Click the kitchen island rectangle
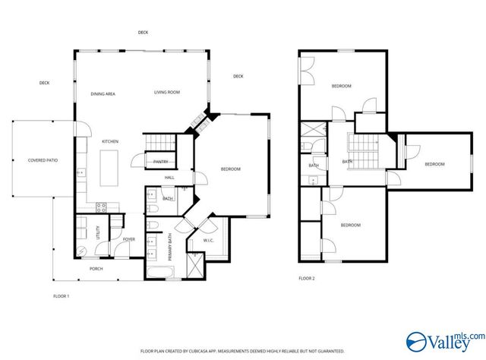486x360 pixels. click(111, 167)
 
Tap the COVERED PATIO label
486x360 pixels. click(43, 160)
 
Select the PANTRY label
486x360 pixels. click(160, 161)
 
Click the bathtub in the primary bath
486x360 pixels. click(163, 270)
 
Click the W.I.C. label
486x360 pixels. click(208, 242)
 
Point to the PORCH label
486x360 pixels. click(96, 268)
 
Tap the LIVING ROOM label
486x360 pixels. click(167, 92)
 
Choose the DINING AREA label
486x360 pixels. click(103, 93)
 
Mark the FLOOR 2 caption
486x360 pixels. click(307, 279)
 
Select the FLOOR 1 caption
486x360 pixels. click(61, 295)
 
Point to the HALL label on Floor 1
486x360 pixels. click(169, 178)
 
